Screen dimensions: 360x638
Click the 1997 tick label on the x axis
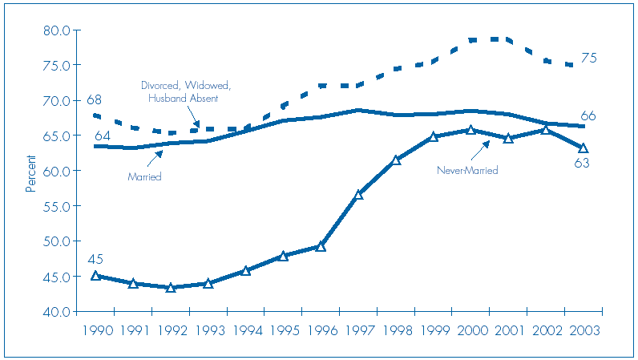tap(358, 330)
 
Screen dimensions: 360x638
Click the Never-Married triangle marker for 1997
tap(358, 195)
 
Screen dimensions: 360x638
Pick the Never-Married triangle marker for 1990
tap(95, 275)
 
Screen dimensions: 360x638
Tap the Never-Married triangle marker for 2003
tap(583, 148)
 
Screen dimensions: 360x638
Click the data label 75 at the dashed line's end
tap(589, 59)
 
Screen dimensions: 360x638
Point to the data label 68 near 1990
tap(94, 100)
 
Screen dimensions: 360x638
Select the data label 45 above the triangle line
tap(95, 259)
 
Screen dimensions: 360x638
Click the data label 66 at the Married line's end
tap(588, 117)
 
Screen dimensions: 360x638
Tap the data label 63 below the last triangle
tap(582, 164)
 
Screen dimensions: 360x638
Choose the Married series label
tap(145, 176)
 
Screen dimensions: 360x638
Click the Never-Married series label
tap(467, 170)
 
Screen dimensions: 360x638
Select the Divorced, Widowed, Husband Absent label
tap(186, 91)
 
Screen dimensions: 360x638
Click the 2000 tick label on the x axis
tap(470, 330)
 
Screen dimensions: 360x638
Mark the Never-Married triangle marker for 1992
tap(171, 287)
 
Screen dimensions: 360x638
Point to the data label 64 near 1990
tap(102, 136)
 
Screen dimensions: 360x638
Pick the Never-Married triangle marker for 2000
tap(470, 130)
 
